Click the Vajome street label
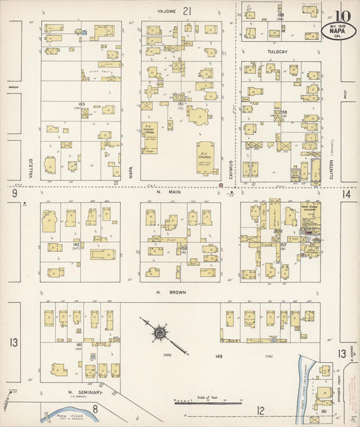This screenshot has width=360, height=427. pyautogui.click(x=167, y=11)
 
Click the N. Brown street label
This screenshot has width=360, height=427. pyautogui.click(x=178, y=292)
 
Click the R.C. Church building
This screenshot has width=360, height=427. pyautogui.click(x=207, y=157)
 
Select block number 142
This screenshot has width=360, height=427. pyautogui.click(x=77, y=244)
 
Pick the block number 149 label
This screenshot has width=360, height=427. pyautogui.click(x=218, y=355)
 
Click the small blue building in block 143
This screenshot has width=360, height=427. pyautogui.click(x=84, y=31)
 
